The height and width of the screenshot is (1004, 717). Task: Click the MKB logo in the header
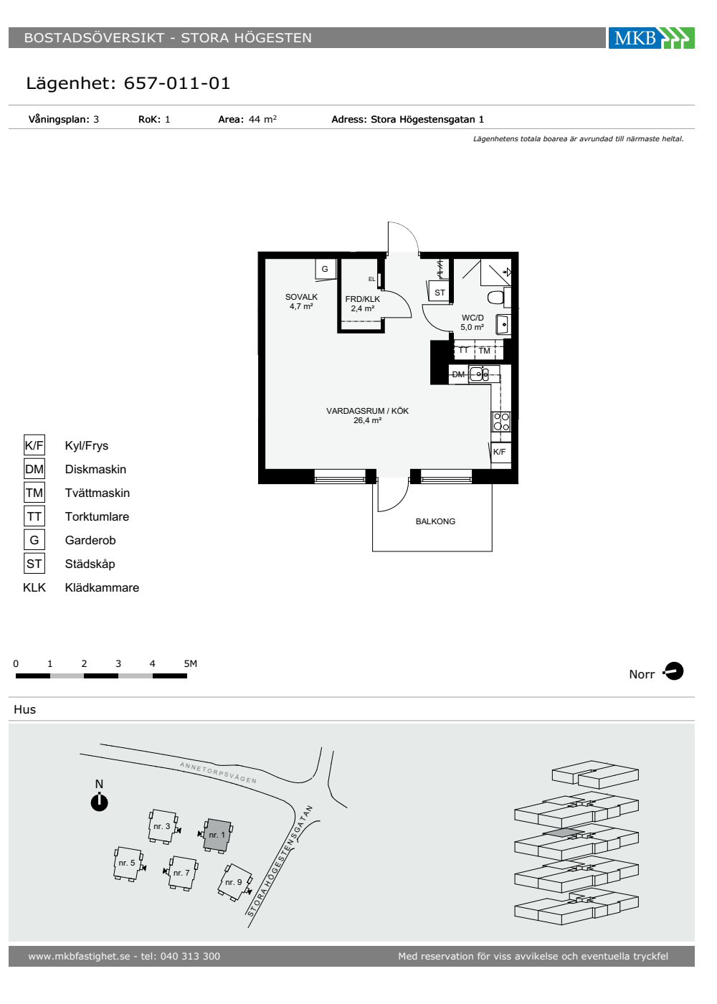(x=651, y=37)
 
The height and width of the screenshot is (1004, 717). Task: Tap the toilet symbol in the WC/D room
(x=498, y=297)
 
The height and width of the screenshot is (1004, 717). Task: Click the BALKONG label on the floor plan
(x=435, y=521)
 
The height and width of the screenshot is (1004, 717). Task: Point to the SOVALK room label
(x=301, y=297)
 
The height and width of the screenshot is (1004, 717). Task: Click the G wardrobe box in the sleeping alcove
(x=326, y=269)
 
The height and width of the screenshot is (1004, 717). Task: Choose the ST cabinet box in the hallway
(x=440, y=293)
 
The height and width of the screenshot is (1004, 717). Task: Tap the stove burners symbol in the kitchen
(x=501, y=422)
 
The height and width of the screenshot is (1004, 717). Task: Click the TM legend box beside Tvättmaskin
(x=34, y=493)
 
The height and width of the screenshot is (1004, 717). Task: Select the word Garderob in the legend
(x=90, y=540)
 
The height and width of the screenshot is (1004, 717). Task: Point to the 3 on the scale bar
(x=118, y=663)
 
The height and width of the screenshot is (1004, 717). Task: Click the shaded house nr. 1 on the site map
(x=218, y=835)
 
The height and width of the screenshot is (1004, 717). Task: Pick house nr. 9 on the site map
(x=234, y=882)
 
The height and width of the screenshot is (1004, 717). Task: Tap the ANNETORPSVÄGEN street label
(x=218, y=772)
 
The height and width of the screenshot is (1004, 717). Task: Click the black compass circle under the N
(x=100, y=802)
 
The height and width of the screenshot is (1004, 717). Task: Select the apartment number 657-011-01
(x=176, y=83)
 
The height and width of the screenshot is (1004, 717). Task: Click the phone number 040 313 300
(x=190, y=957)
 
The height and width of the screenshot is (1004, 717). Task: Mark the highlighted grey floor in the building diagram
(x=564, y=833)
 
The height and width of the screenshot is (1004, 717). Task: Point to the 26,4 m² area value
(x=367, y=420)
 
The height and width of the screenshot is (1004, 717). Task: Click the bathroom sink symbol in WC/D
(x=503, y=324)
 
